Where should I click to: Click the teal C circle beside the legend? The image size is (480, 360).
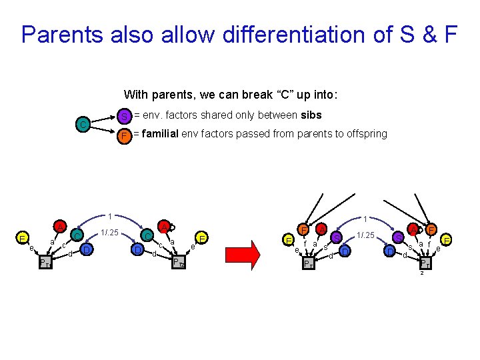pos(81,125)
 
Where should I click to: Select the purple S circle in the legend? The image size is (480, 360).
pos(123,117)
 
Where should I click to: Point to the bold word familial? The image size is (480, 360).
pos(161,133)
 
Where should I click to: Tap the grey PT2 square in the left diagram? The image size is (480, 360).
pos(177,262)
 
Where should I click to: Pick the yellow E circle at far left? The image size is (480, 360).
pos(23,239)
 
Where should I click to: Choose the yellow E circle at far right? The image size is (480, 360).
pos(446,239)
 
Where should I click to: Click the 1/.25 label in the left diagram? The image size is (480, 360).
pos(109,232)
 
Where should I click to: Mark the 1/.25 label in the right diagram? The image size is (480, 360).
pos(365,235)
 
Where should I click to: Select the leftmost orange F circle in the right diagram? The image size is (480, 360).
pos(304,230)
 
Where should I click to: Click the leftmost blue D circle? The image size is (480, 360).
pos(87,249)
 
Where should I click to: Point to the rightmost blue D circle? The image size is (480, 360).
pos(389,251)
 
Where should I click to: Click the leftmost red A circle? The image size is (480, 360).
pos(60,227)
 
